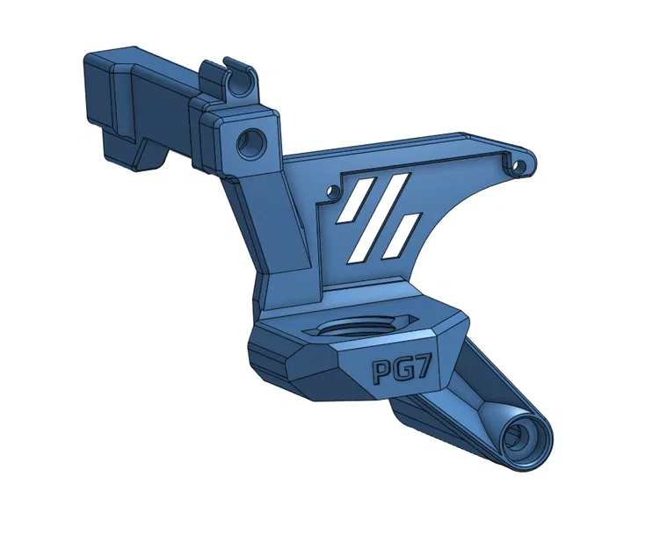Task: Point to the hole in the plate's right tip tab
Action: point(521,164)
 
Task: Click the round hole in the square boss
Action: point(252,141)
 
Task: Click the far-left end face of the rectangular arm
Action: point(94,97)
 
